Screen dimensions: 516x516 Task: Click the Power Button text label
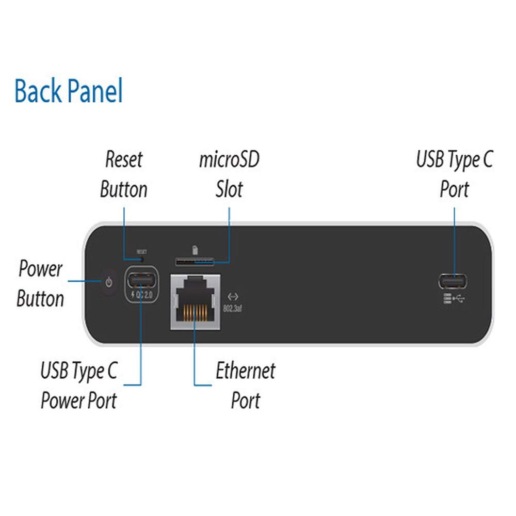click(40, 284)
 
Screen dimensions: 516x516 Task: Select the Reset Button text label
click(124, 174)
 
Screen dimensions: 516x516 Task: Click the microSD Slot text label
click(229, 174)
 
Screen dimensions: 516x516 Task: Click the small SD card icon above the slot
click(195, 250)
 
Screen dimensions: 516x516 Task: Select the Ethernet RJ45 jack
click(196, 301)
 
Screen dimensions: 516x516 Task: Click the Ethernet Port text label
click(246, 385)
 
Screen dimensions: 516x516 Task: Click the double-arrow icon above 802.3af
click(233, 297)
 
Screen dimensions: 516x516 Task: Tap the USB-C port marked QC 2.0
click(141, 281)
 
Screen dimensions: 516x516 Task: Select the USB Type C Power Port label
click(79, 385)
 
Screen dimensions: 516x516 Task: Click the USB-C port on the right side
click(454, 281)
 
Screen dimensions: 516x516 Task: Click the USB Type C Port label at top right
click(454, 174)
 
